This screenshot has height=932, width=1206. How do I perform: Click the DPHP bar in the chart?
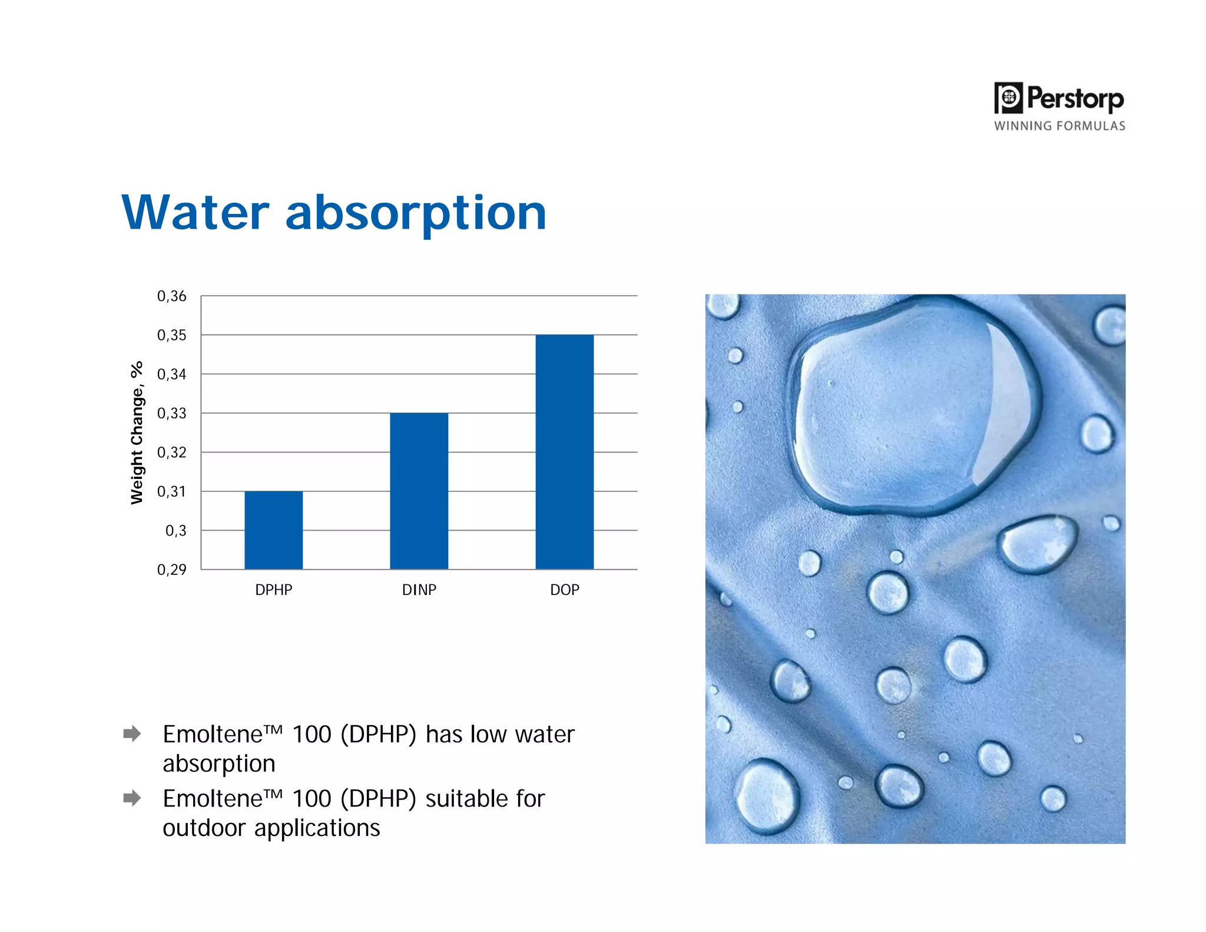(x=273, y=530)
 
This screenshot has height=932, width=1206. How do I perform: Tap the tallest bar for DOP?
(x=564, y=452)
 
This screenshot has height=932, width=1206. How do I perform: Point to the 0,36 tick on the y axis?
(x=171, y=296)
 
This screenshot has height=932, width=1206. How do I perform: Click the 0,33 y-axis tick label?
(x=171, y=414)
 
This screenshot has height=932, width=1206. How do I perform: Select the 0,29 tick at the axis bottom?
(x=171, y=570)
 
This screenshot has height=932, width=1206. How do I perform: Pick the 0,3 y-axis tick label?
(x=175, y=531)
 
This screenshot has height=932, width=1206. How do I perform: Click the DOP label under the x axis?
(x=564, y=590)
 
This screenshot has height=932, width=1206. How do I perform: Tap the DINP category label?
(x=419, y=590)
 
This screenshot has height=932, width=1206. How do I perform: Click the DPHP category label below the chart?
(x=273, y=590)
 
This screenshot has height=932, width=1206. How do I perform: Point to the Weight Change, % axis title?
(x=137, y=433)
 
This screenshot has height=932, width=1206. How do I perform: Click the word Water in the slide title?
(x=196, y=213)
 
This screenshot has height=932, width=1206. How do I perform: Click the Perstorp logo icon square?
(x=1009, y=98)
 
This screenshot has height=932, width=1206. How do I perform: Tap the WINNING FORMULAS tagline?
(x=1059, y=126)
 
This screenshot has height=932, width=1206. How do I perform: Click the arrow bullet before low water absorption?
(x=132, y=733)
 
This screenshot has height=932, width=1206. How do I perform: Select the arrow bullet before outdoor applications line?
(x=132, y=798)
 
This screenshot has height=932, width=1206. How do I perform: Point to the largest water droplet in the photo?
(x=913, y=406)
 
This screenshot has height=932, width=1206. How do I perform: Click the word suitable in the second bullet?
(x=466, y=799)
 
